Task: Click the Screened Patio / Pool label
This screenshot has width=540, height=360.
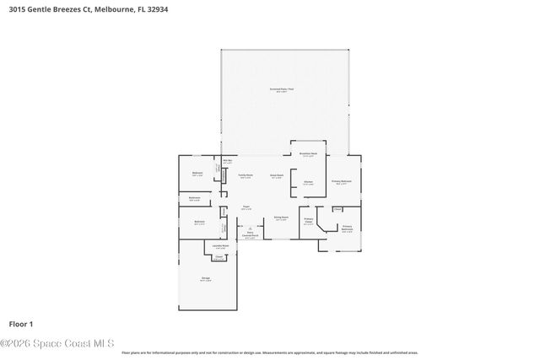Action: [x=282, y=90]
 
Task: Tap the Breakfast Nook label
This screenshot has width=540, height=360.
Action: [x=309, y=154]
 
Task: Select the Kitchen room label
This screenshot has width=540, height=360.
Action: [x=308, y=183]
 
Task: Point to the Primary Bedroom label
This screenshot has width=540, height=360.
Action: [x=342, y=182]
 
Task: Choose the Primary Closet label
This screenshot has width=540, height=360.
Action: [x=309, y=223]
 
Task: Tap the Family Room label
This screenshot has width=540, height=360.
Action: [x=245, y=176]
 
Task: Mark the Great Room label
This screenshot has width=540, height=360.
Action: [x=276, y=176]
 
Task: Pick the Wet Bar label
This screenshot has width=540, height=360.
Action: [x=228, y=162]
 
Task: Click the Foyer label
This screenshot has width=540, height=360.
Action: [x=246, y=207]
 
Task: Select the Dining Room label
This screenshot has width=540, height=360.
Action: [x=281, y=218]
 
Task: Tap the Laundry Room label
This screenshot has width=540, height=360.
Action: [x=220, y=247]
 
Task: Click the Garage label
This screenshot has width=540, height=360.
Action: [x=206, y=279]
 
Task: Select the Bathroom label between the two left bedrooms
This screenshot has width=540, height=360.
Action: [x=195, y=199]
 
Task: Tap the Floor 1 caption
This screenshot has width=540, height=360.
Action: [x=20, y=324]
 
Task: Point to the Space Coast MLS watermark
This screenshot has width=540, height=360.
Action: [x=57, y=343]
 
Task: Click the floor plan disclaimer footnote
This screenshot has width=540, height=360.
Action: [x=270, y=352]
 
